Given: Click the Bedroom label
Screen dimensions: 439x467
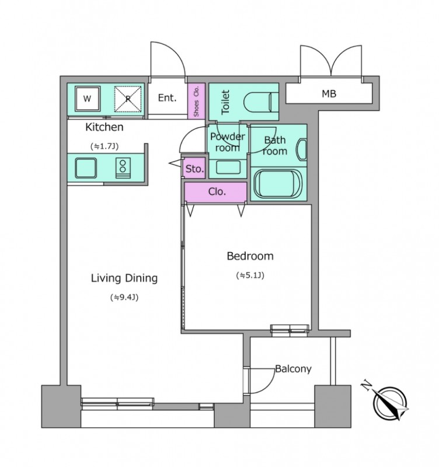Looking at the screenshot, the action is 250,256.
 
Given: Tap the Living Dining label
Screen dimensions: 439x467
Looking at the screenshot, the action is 124,278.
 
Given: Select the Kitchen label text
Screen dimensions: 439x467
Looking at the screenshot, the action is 104,127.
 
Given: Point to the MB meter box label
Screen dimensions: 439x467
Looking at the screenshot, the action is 329,94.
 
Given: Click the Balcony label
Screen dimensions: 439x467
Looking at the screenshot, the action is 294,369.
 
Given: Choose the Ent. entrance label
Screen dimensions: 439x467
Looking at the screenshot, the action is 167,97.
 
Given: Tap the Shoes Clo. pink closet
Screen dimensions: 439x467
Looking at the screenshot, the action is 196,100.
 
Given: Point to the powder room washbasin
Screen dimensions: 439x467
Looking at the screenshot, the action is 228,168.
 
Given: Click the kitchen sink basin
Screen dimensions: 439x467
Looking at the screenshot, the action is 86,168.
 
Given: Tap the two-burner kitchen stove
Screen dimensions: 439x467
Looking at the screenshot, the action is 123,168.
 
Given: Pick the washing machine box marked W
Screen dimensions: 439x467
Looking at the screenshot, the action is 87,99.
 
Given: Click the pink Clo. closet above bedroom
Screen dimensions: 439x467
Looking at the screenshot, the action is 215,192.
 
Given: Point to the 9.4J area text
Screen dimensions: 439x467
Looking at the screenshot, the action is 124,297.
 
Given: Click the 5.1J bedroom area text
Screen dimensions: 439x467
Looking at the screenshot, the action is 250,275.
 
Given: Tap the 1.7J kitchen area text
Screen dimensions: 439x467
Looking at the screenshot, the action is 104,147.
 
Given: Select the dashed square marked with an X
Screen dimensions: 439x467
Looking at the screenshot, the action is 128,99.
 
